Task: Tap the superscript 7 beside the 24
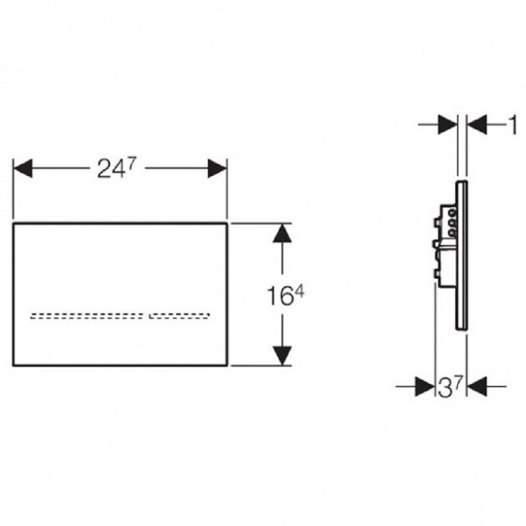[131, 164]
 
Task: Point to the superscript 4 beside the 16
[299, 293]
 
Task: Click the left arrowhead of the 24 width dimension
[22, 168]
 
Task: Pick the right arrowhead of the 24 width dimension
[218, 168]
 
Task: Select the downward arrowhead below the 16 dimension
[282, 356]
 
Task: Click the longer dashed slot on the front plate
[87, 316]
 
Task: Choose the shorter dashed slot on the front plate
[179, 316]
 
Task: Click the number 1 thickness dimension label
[513, 125]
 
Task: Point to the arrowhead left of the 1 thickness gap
[448, 125]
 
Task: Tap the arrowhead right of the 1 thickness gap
[477, 125]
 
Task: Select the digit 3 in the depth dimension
[445, 388]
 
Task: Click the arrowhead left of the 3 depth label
[425, 387]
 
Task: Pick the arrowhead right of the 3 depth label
[477, 387]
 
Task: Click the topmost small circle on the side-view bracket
[452, 212]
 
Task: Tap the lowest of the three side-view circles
[452, 232]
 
